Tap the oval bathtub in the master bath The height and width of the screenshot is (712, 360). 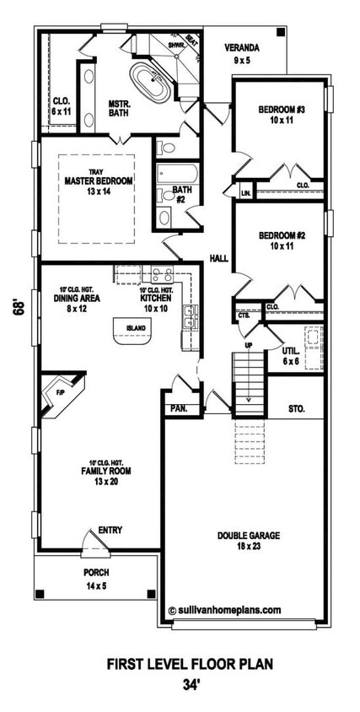click(x=155, y=86)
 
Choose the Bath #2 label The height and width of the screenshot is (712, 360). click(x=181, y=195)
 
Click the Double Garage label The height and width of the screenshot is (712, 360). click(x=248, y=541)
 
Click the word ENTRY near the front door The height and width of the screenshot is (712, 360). click(x=110, y=530)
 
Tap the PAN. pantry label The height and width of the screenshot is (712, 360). click(x=179, y=408)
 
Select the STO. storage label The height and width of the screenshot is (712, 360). click(x=296, y=408)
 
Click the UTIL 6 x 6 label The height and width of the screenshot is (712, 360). click(x=291, y=355)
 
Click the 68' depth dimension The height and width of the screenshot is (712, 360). click(x=18, y=308)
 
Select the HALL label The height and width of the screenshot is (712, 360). click(x=218, y=259)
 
